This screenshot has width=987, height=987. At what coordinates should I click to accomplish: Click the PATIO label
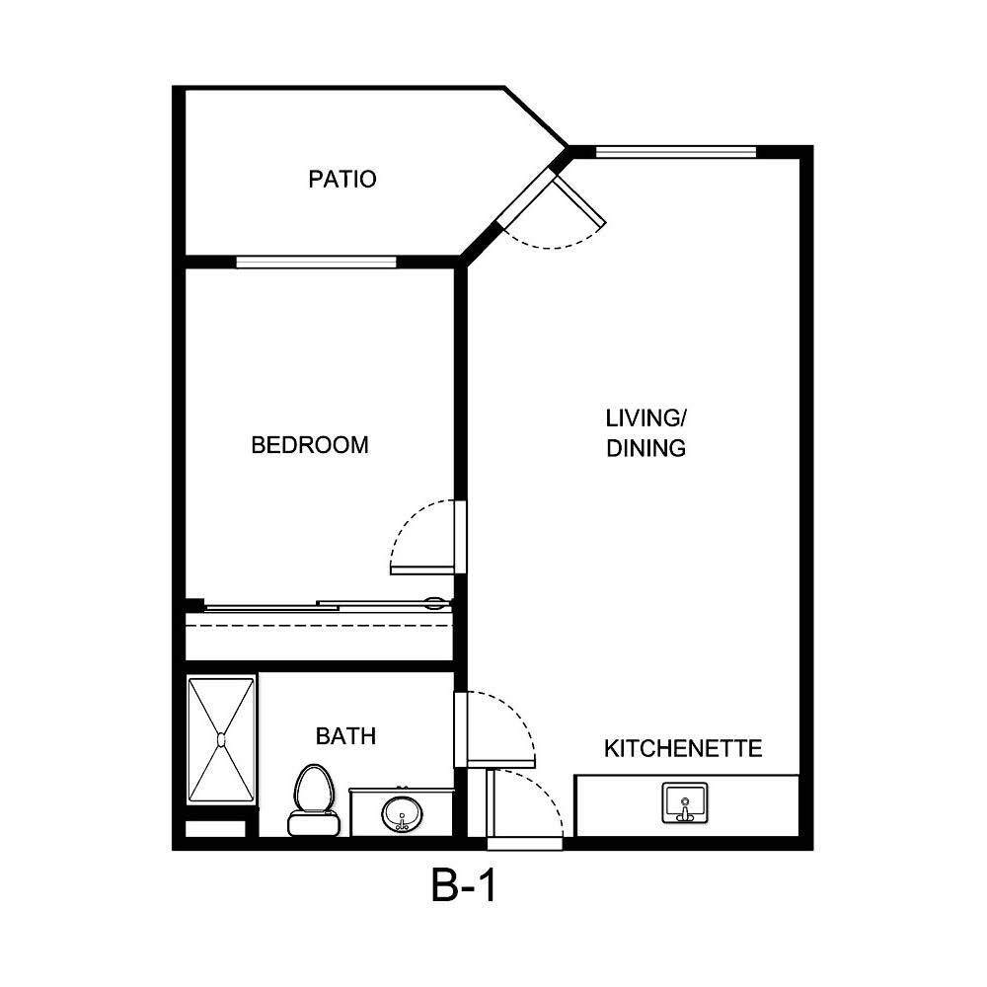[342, 180]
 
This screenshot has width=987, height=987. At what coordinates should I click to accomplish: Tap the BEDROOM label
[310, 445]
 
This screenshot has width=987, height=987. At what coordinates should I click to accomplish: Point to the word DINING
[645, 448]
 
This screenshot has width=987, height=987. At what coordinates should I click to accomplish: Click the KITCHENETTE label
[683, 748]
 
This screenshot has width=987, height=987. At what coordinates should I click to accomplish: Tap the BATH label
[345, 735]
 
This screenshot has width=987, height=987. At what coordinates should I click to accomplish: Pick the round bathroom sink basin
[402, 815]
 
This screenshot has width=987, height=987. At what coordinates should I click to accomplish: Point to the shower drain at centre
[222, 738]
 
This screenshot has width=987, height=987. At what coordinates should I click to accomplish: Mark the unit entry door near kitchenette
[491, 804]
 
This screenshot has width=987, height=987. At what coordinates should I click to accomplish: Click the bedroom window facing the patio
[316, 262]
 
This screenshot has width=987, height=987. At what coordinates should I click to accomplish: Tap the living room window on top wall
[676, 151]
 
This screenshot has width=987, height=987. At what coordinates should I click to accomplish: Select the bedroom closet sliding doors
[326, 605]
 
